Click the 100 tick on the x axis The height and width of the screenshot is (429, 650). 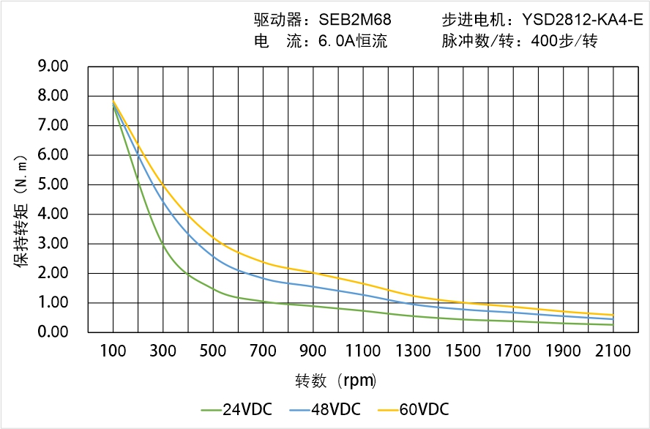(113, 351)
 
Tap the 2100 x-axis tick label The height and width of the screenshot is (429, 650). (613, 351)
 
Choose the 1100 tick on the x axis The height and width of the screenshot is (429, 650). (363, 351)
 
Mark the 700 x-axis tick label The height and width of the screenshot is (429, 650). (263, 351)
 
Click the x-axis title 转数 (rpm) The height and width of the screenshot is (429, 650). (335, 381)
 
